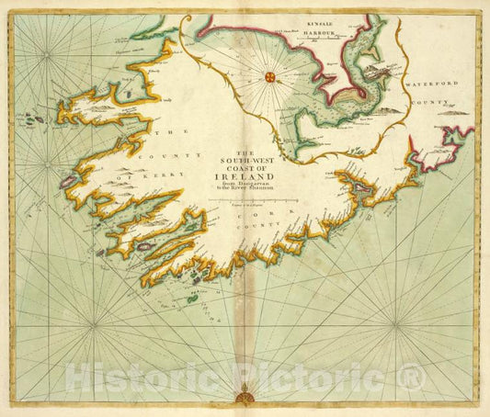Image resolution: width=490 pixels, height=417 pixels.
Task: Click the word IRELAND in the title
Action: point(245,180)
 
